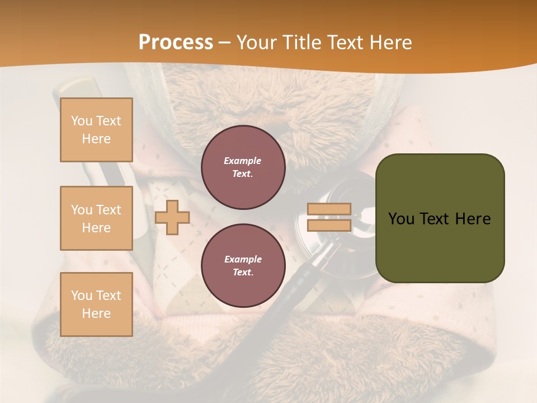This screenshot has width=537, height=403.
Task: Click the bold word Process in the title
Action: (x=176, y=43)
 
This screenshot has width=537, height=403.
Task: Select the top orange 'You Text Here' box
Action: (x=96, y=130)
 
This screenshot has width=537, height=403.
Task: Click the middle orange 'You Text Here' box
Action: (x=96, y=218)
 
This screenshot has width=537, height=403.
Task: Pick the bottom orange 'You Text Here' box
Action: (x=96, y=304)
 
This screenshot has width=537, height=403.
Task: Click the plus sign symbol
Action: (x=172, y=217)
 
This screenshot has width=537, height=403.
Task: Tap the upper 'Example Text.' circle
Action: (x=243, y=167)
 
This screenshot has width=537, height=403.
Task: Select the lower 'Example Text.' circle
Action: (x=243, y=266)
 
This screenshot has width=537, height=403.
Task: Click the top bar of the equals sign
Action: (x=329, y=209)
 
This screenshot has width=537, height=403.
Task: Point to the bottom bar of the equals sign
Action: (x=329, y=226)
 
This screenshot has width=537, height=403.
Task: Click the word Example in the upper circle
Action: (x=242, y=161)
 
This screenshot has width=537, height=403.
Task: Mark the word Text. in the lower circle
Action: (x=242, y=273)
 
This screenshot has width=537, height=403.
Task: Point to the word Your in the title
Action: (x=257, y=43)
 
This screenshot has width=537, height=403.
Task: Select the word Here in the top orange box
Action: (x=96, y=139)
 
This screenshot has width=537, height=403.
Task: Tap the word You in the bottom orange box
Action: (x=81, y=296)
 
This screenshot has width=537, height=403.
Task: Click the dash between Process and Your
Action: (x=224, y=43)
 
